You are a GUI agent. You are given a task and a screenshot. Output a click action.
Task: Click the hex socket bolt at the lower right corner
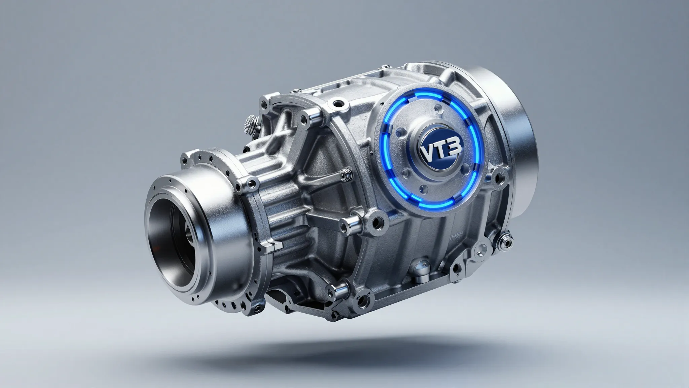tap(505, 239)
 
